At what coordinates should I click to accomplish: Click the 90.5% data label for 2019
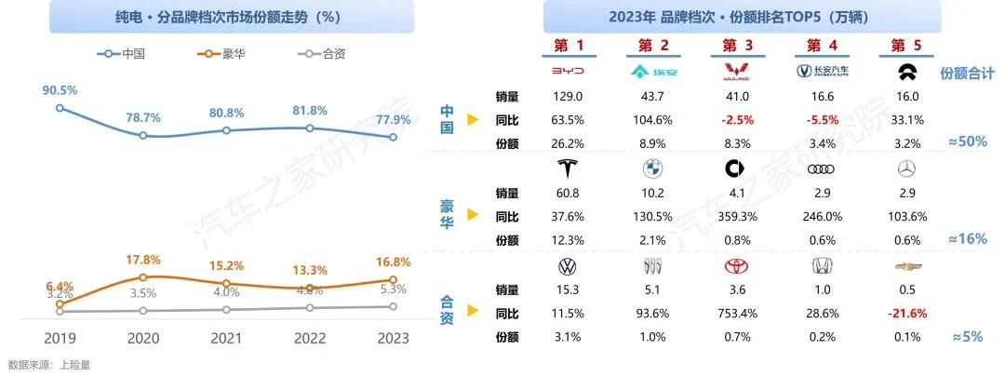[59, 90]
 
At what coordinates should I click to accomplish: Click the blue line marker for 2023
[394, 137]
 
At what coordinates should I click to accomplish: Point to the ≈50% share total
[965, 141]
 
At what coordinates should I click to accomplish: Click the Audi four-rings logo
[818, 169]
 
